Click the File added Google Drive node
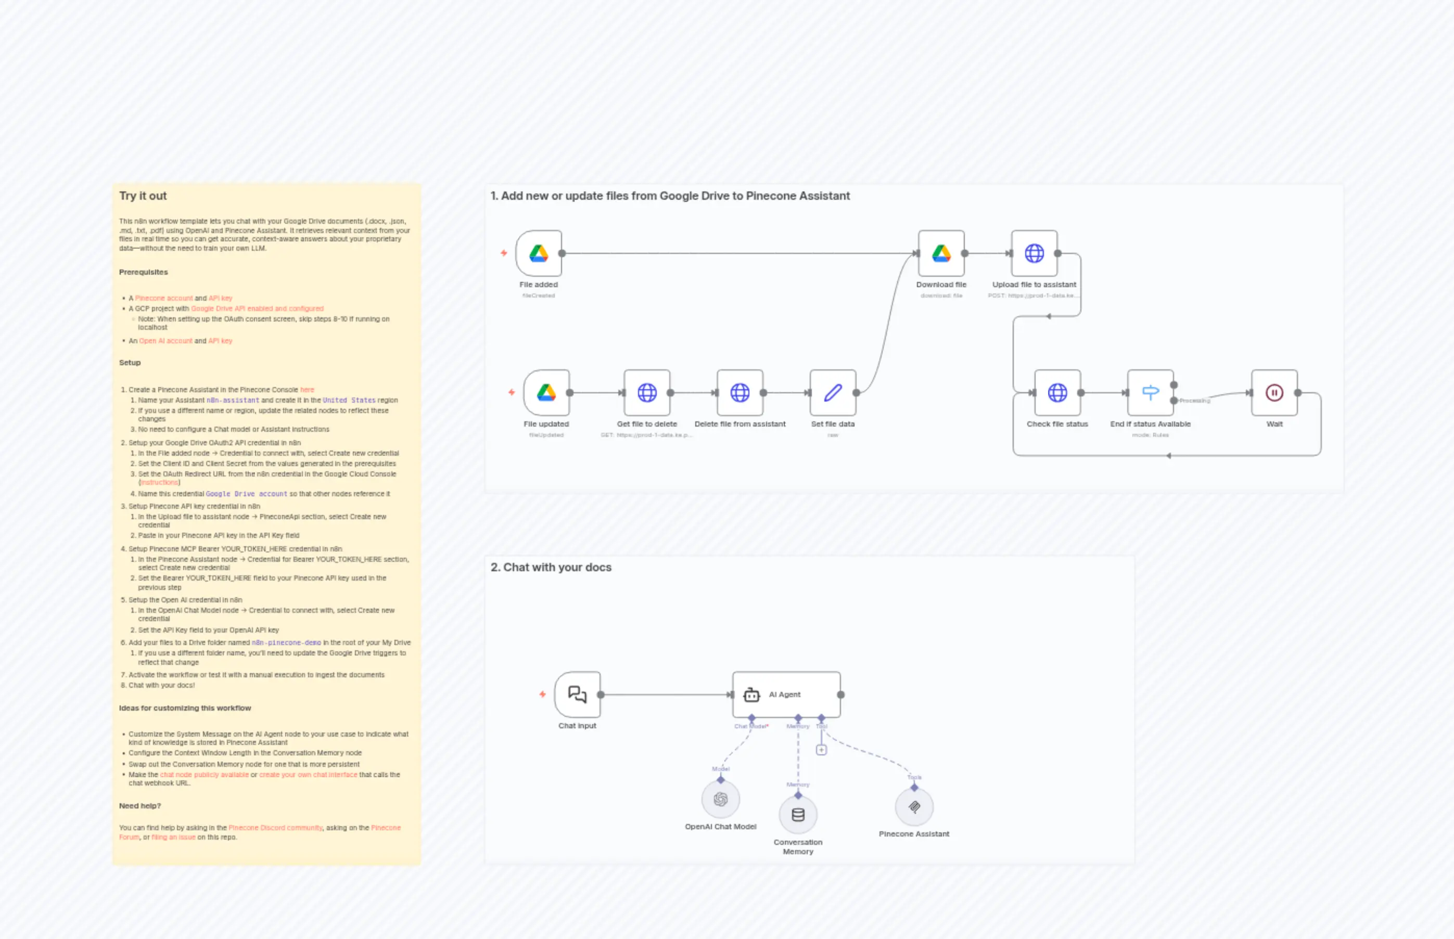click(539, 253)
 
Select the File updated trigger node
click(546, 393)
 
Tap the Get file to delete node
click(647, 393)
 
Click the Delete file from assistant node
click(740, 393)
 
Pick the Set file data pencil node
click(833, 393)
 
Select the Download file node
click(941, 253)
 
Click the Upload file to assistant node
click(1034, 253)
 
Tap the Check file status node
click(1057, 393)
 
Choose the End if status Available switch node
click(1150, 393)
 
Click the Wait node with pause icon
click(1274, 393)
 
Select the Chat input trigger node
click(578, 694)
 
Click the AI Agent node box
click(786, 694)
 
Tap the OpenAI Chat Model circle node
click(720, 800)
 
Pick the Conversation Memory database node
click(798, 815)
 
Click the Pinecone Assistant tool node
click(914, 807)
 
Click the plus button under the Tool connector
click(822, 750)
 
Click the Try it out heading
click(143, 196)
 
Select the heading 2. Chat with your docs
click(551, 567)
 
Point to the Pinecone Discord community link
click(275, 828)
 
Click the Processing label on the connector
click(1194, 401)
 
